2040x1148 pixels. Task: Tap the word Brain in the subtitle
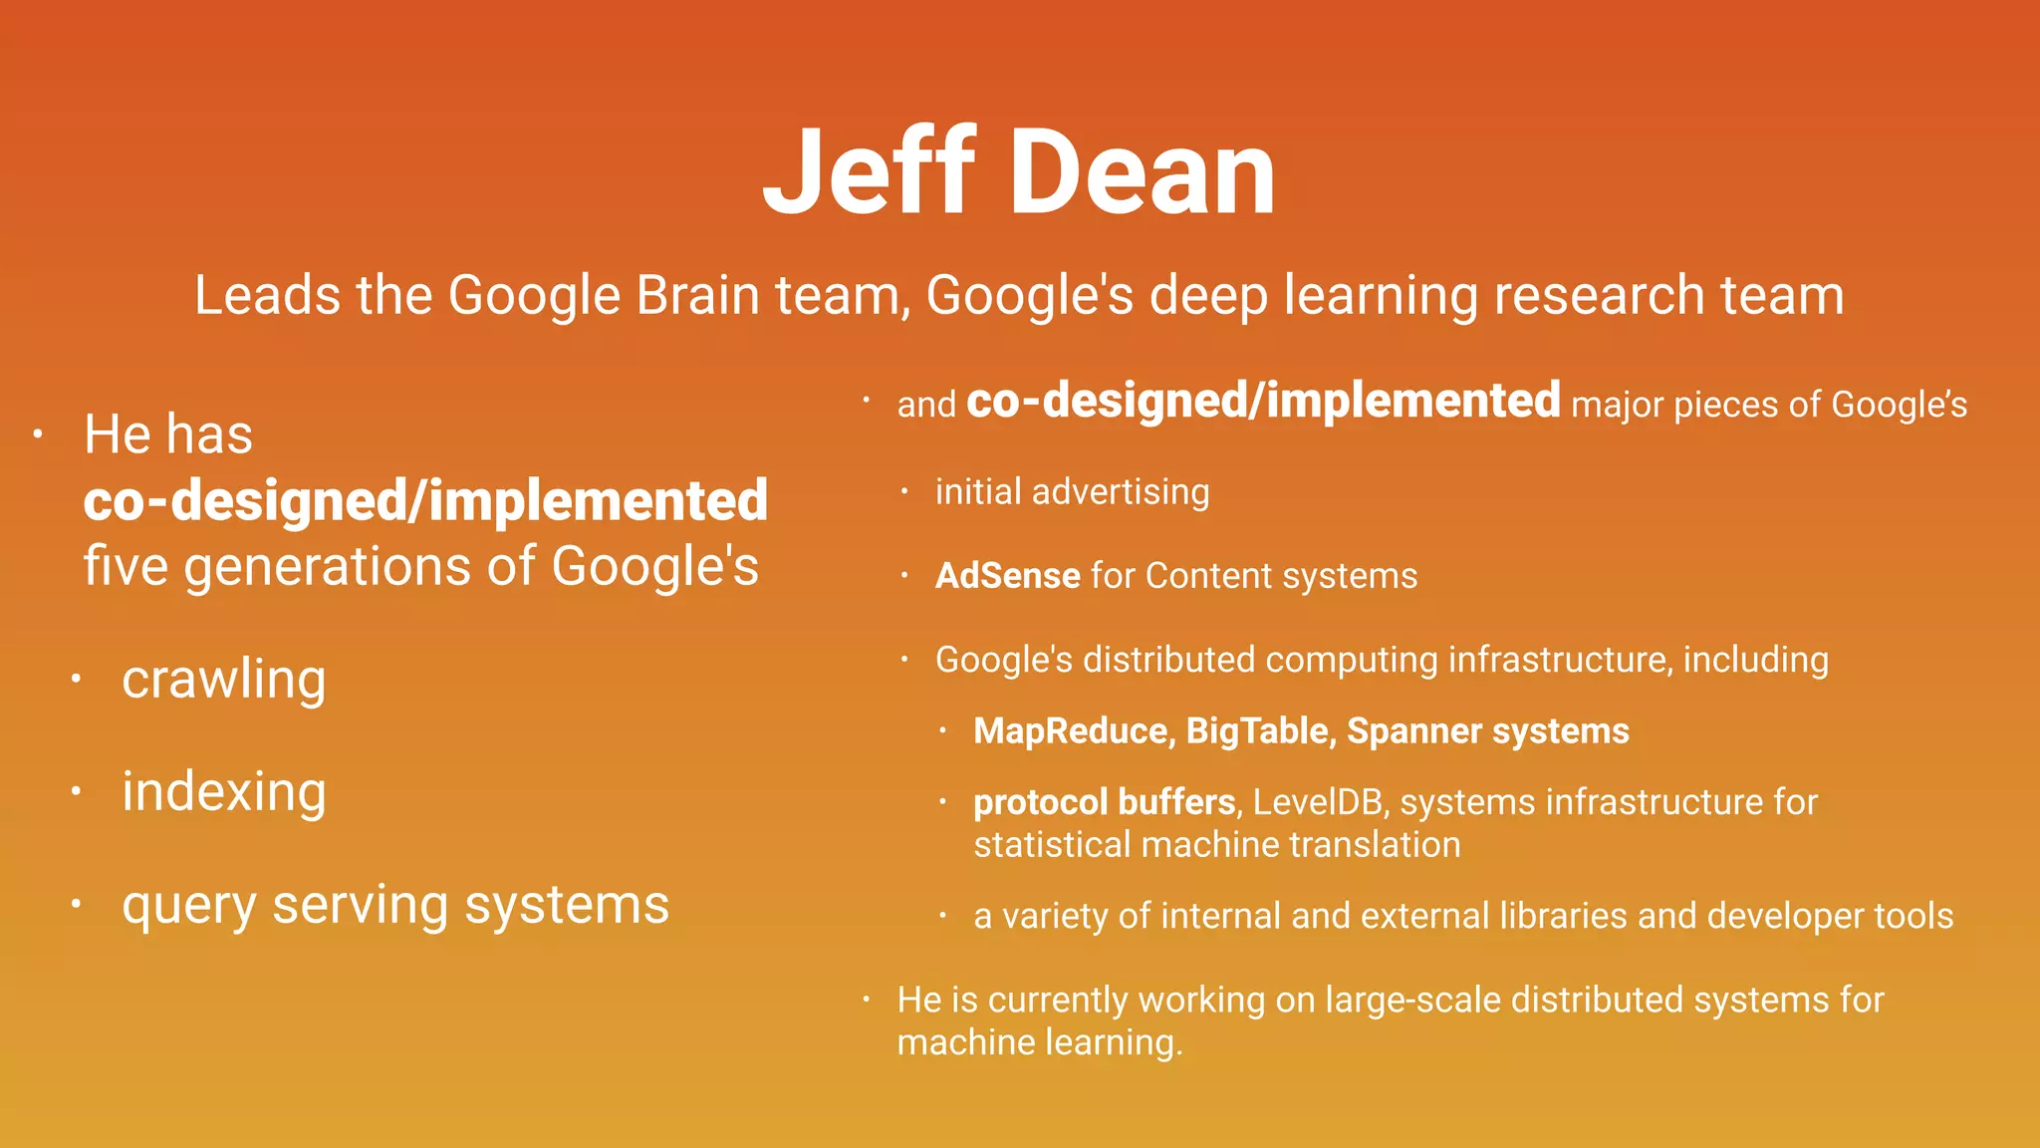[x=697, y=296]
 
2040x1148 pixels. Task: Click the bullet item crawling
[x=223, y=681]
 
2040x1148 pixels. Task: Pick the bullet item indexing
[x=223, y=793]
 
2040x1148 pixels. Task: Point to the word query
[x=188, y=907]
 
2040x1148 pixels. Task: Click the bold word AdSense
[x=1007, y=576]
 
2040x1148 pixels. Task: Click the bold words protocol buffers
[x=1104, y=802]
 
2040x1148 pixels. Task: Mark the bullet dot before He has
[x=38, y=434]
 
